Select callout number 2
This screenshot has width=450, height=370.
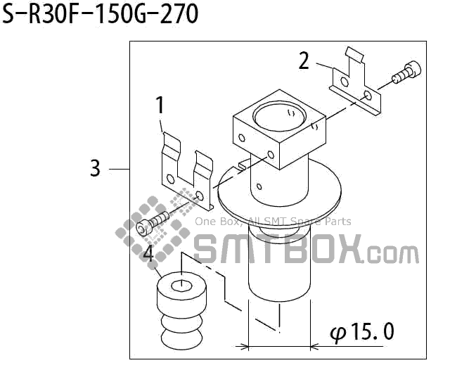pos(304,61)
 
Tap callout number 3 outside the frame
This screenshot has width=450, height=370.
pos(96,169)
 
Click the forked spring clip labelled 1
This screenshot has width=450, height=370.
pos(186,172)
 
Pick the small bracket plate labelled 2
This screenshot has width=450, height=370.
pos(356,84)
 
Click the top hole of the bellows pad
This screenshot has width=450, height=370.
pos(182,286)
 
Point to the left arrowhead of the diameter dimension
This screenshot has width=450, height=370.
pos(243,346)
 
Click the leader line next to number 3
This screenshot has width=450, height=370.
pos(119,169)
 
